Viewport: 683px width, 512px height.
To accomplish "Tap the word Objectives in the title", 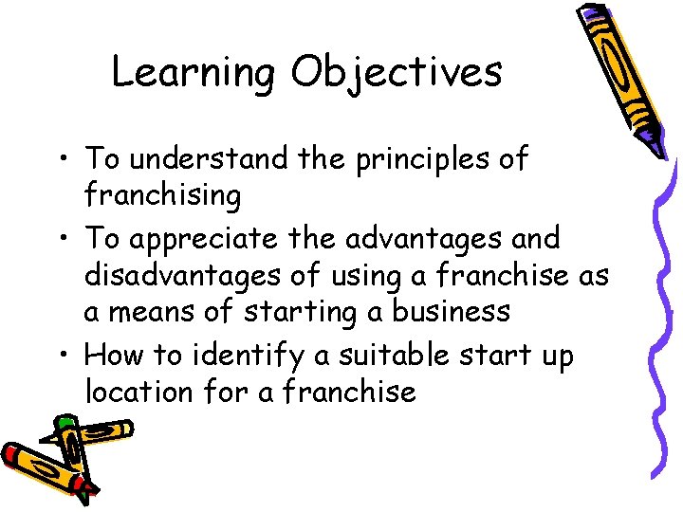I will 397,73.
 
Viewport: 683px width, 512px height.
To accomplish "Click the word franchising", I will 162,195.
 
